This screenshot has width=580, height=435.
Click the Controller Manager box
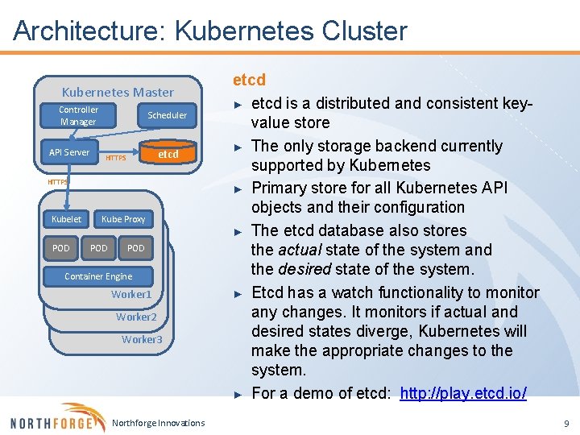pyautogui.click(x=78, y=116)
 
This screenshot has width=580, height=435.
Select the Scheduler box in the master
pyautogui.click(x=167, y=115)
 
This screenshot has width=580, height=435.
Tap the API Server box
pyautogui.click(x=69, y=152)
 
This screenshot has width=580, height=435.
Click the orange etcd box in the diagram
pyautogui.click(x=168, y=154)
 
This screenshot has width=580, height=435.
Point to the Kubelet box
pyautogui.click(x=66, y=219)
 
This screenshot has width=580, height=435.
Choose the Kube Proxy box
pyautogui.click(x=123, y=219)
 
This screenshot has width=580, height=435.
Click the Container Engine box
pyautogui.click(x=98, y=276)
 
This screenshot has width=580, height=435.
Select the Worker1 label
pyautogui.click(x=131, y=294)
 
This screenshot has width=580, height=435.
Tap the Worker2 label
pyautogui.click(x=136, y=317)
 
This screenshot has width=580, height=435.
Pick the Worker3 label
pyautogui.click(x=142, y=339)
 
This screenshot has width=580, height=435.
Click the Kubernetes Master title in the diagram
pyautogui.click(x=118, y=93)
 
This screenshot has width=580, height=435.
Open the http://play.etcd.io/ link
pyautogui.click(x=463, y=393)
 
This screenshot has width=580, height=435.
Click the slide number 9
pyautogui.click(x=566, y=423)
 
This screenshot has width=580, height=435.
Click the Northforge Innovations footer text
pyautogui.click(x=159, y=423)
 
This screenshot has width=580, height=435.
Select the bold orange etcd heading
pyautogui.click(x=249, y=80)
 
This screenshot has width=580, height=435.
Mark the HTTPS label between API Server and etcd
pyautogui.click(x=115, y=158)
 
